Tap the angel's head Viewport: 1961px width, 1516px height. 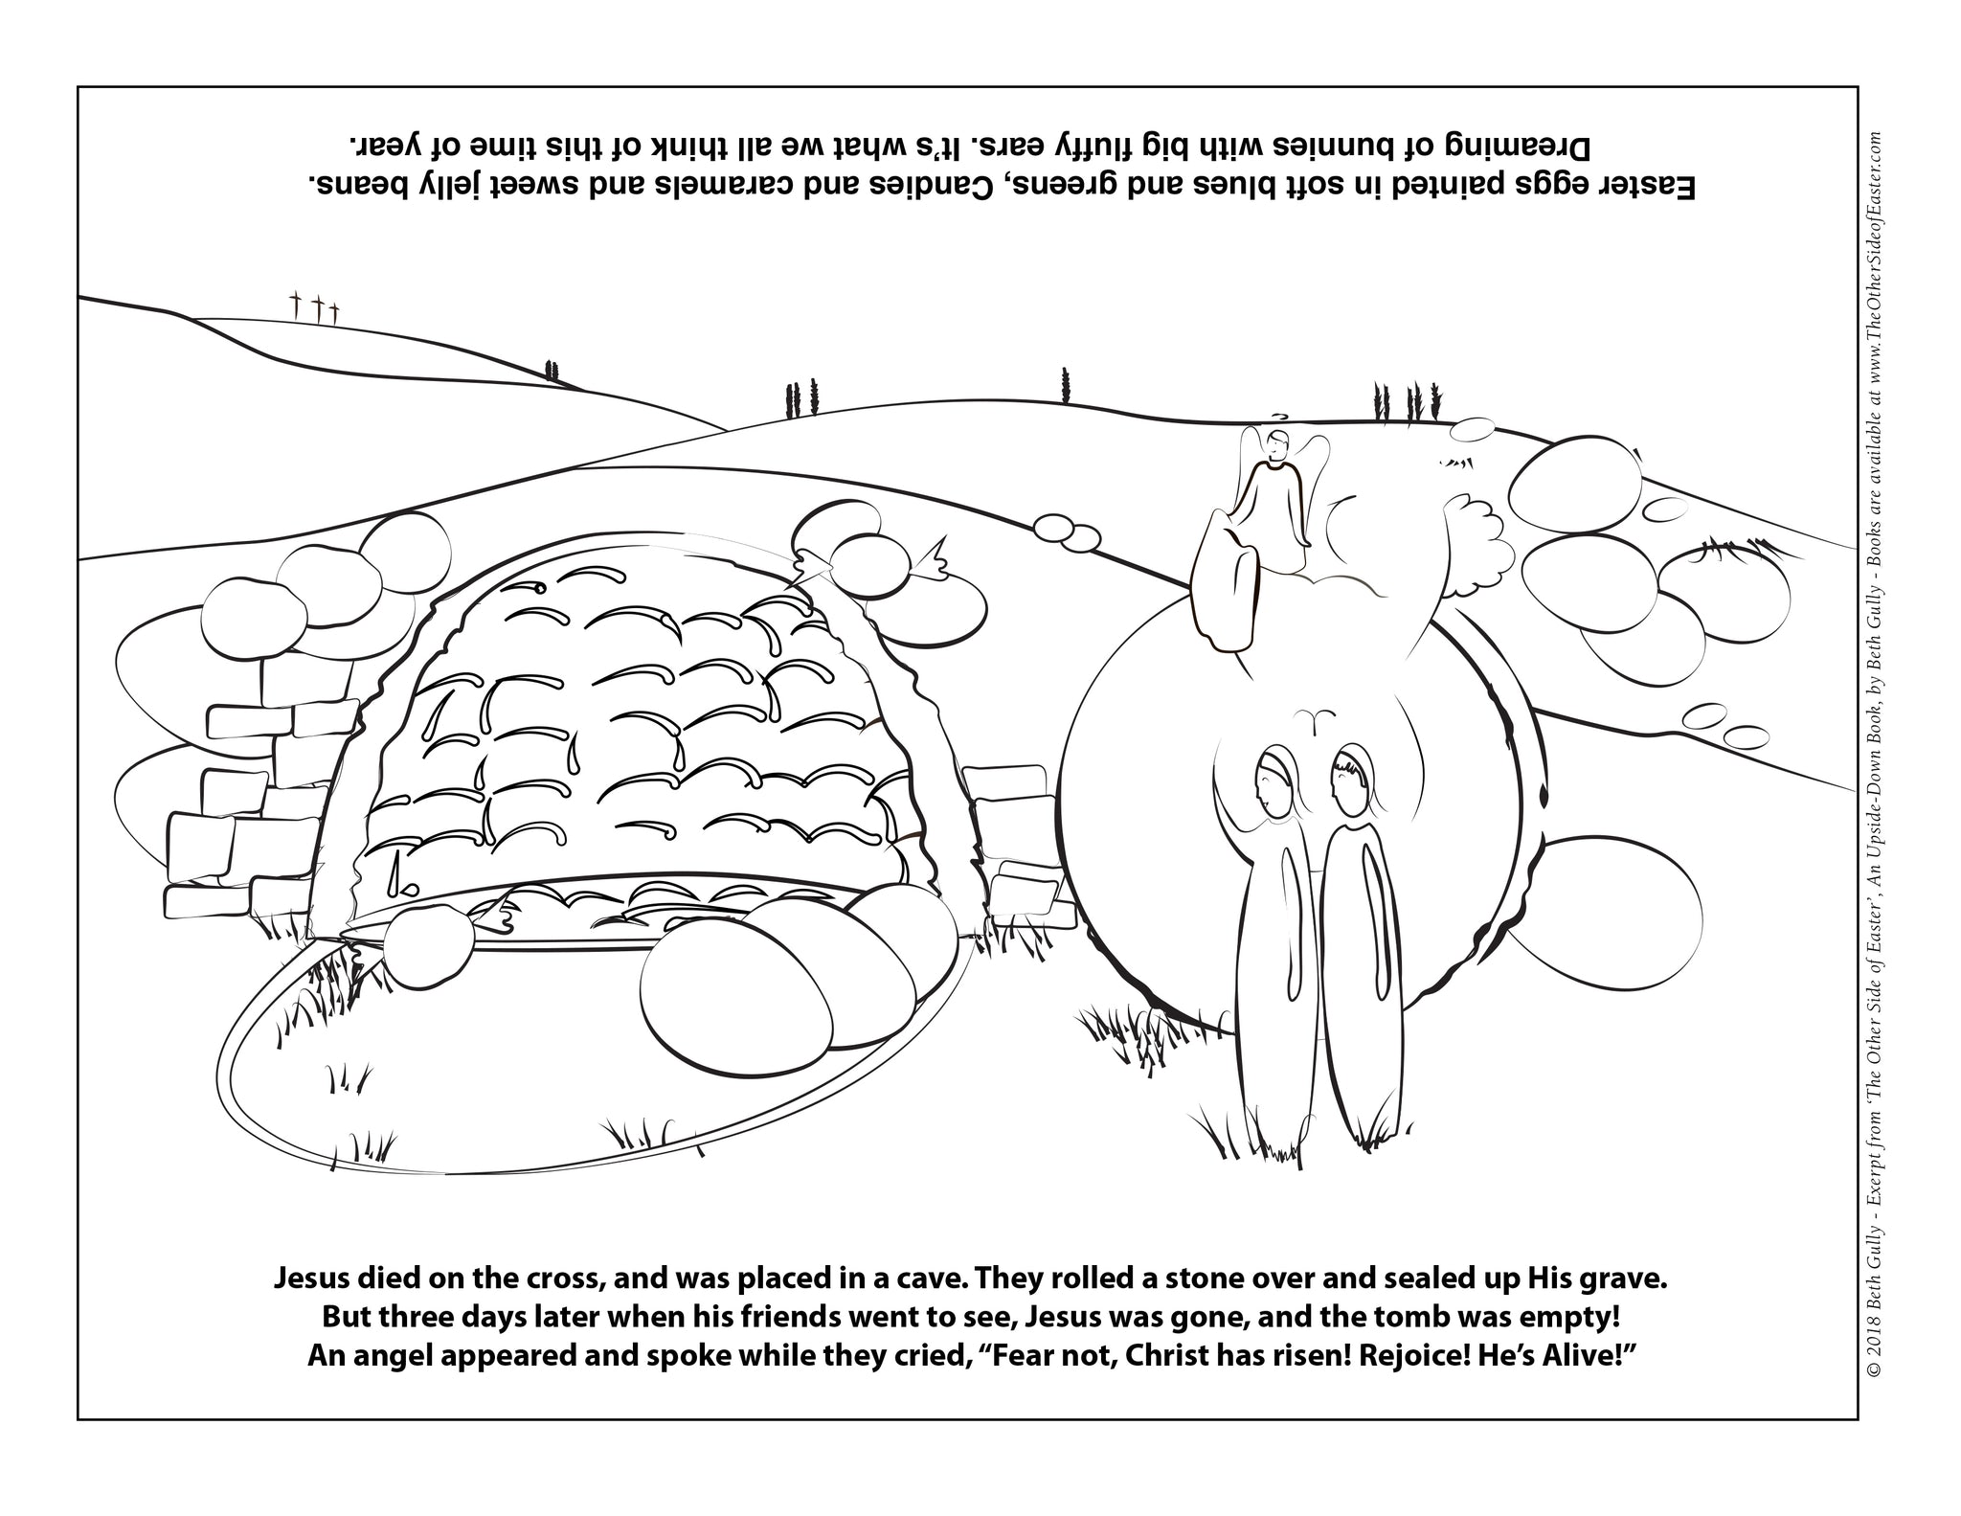[x=1275, y=445]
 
